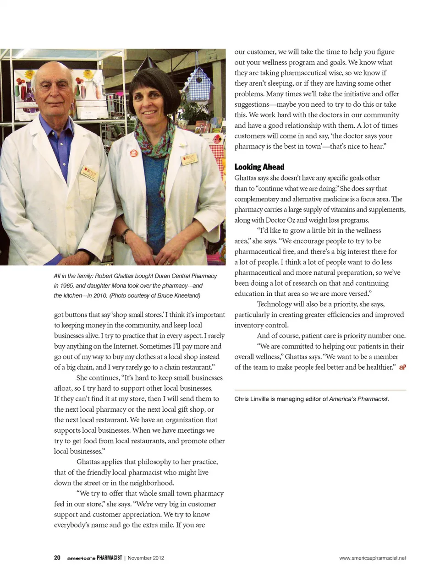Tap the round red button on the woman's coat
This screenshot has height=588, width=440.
pos(134,153)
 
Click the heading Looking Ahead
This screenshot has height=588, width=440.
pos(259,167)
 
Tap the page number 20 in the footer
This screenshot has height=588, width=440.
pos(57,558)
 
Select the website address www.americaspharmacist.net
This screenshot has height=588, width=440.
pos(372,558)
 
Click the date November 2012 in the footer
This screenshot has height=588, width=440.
pos(146,558)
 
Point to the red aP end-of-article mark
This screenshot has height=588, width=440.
pos(402,367)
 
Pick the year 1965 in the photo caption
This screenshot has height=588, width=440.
pos(67,286)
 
